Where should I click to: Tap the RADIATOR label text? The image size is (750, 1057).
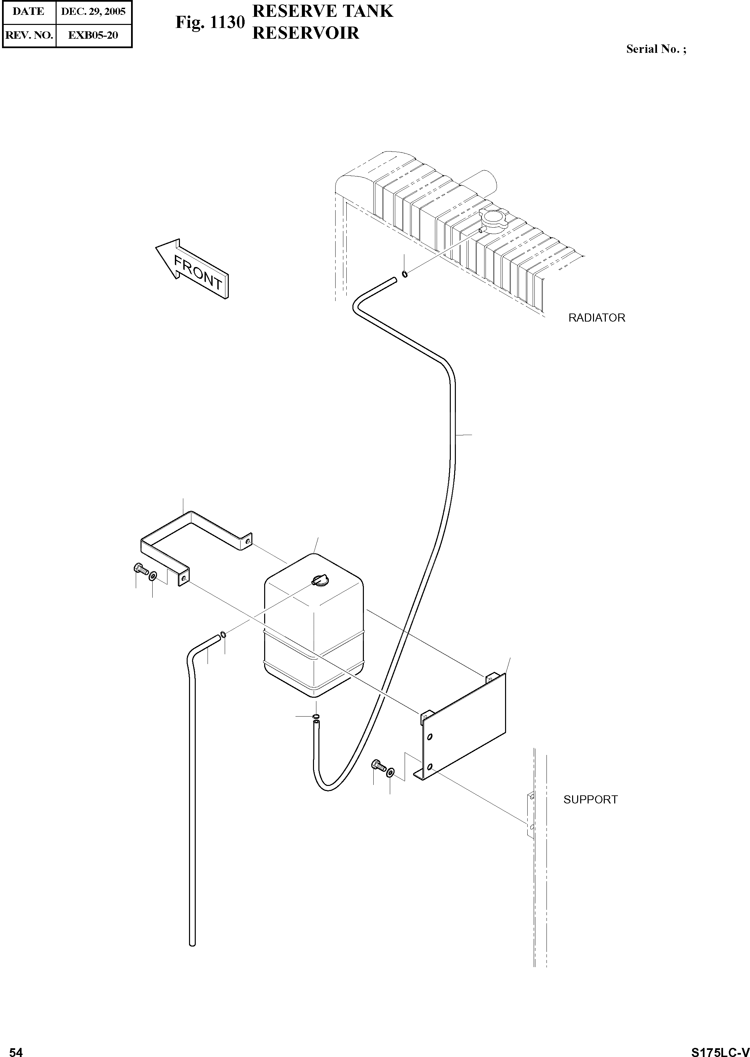pos(596,318)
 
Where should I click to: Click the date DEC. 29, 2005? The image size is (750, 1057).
pos(93,11)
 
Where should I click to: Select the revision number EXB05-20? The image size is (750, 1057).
pos(93,35)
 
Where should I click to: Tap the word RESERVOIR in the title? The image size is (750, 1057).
pos(306,33)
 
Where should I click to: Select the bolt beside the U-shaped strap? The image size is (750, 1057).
pos(139,569)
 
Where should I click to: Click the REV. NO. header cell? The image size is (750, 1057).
pos(29,35)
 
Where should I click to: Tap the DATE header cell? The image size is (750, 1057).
pos(29,11)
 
